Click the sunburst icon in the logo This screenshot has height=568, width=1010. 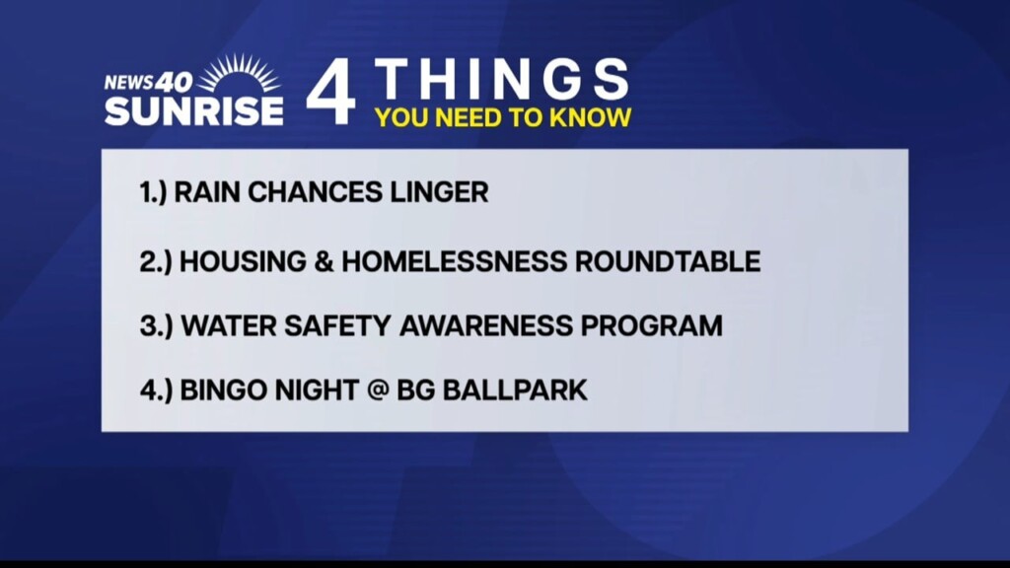coord(239,73)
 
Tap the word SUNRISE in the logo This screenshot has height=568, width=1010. coord(194,110)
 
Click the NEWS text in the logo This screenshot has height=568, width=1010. coord(129,83)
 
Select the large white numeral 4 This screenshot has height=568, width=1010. coord(330,91)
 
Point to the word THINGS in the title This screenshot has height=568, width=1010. coord(502,79)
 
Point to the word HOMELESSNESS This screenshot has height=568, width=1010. coord(454,261)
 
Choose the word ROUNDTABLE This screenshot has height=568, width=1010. coord(668,261)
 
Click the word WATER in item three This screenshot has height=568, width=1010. coord(228,325)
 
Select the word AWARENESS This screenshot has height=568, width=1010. coord(486,325)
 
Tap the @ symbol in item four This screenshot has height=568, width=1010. coord(378,390)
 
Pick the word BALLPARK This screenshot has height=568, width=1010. coord(515,390)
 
